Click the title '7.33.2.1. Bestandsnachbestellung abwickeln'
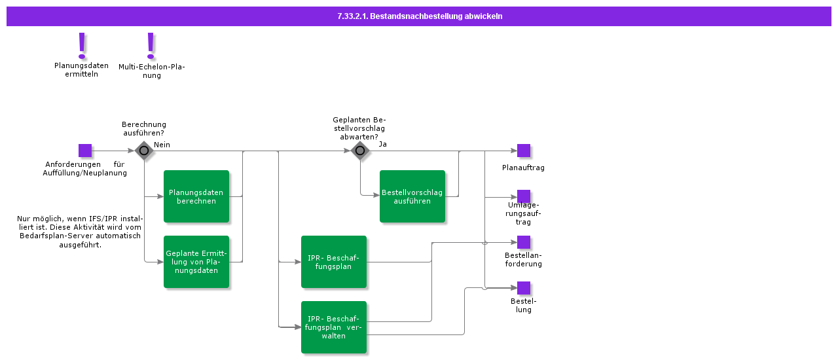click(x=419, y=16)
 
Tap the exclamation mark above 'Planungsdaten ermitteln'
click(x=82, y=45)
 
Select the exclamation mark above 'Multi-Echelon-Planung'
click(x=151, y=45)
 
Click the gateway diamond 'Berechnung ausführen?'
click(x=144, y=151)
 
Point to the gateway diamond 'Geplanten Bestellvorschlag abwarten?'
click(x=360, y=151)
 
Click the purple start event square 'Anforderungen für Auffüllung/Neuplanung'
click(x=85, y=151)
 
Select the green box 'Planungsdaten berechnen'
click(x=196, y=196)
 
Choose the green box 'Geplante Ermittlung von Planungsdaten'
click(x=196, y=262)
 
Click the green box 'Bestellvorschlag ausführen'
click(x=412, y=196)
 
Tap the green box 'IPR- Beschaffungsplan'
click(x=334, y=262)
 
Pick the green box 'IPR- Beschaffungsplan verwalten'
click(x=334, y=327)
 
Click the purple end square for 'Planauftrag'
click(x=524, y=151)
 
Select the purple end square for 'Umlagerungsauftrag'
click(x=524, y=196)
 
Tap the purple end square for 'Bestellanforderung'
click(x=524, y=242)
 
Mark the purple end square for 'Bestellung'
click(x=524, y=288)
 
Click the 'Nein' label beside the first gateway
click(x=162, y=145)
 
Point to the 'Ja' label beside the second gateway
click(x=383, y=144)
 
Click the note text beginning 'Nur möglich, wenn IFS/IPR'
click(x=79, y=231)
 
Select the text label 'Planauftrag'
click(x=523, y=168)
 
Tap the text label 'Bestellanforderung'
click(x=523, y=259)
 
